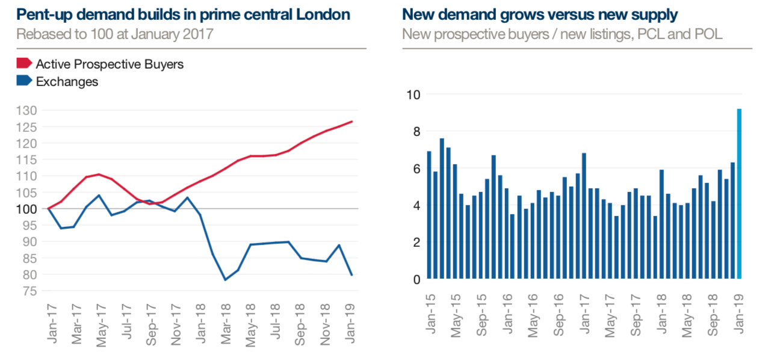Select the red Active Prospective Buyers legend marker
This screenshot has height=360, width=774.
(x=24, y=63)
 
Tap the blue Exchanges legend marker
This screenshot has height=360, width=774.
(x=24, y=81)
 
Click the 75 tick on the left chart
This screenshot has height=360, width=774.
(x=31, y=291)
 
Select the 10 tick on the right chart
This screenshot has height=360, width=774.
(x=414, y=95)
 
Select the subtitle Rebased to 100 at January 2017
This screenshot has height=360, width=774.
(x=114, y=34)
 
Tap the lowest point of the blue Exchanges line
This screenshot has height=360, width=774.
(x=225, y=280)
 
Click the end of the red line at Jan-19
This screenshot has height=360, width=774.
(x=352, y=122)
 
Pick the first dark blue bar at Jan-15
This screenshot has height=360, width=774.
(x=429, y=216)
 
